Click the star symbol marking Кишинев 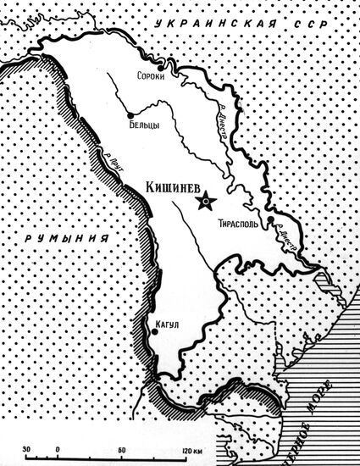(x=205, y=202)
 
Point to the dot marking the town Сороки (x=183, y=76)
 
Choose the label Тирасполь (x=240, y=224)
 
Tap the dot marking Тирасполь (x=270, y=220)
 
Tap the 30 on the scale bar (x=28, y=449)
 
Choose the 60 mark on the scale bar (x=122, y=449)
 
